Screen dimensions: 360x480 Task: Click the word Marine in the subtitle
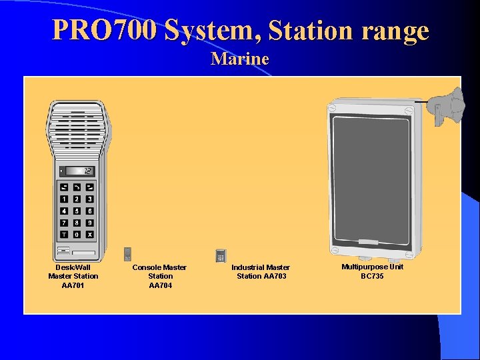[x=240, y=59]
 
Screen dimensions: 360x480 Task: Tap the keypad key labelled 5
[x=77, y=211]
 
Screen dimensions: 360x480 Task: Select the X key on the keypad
[x=89, y=235]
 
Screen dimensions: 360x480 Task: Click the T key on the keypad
[x=64, y=235]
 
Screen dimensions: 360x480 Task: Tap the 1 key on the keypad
[x=64, y=199]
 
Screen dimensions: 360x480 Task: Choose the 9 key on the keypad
[x=89, y=223]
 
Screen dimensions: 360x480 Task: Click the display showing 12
[x=79, y=171]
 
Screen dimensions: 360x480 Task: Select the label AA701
[x=73, y=285]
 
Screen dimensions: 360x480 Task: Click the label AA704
[x=160, y=285]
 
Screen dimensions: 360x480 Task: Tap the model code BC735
[x=372, y=276]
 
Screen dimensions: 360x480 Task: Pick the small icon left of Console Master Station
[x=127, y=254]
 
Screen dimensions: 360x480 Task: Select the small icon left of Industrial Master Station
[x=221, y=255]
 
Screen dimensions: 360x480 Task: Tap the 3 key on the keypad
[x=89, y=199]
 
